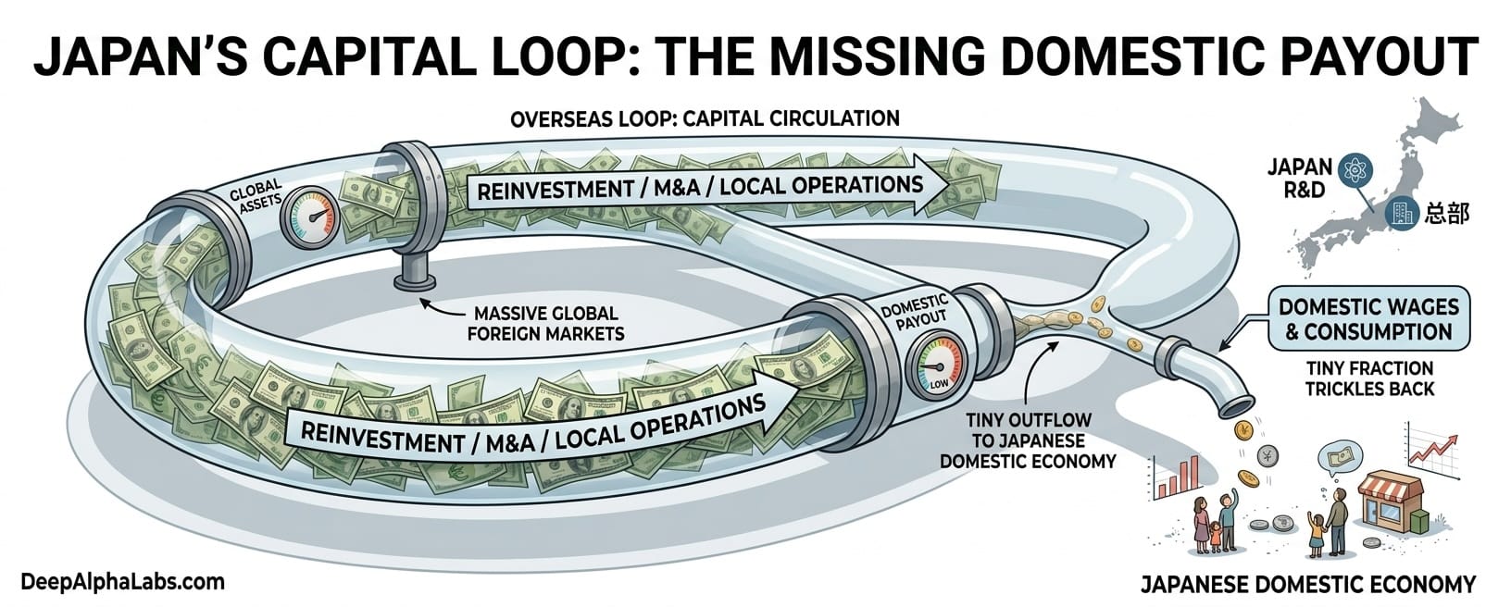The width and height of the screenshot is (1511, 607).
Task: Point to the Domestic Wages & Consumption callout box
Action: pyautogui.click(x=1367, y=319)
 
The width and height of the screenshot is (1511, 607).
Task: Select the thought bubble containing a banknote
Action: pyautogui.click(x=1341, y=456)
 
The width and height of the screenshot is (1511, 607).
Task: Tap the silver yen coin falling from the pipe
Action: pyautogui.click(x=1267, y=455)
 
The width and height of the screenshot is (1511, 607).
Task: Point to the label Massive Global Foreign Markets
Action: pyautogui.click(x=545, y=323)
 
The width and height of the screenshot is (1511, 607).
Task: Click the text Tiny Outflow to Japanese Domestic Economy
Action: pyautogui.click(x=1028, y=440)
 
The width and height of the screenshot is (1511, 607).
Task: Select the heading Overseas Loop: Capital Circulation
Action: pyautogui.click(x=705, y=118)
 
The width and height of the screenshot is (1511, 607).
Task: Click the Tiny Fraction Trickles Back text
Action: pyautogui.click(x=1368, y=378)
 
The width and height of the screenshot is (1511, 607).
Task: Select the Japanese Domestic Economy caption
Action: pyautogui.click(x=1307, y=584)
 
